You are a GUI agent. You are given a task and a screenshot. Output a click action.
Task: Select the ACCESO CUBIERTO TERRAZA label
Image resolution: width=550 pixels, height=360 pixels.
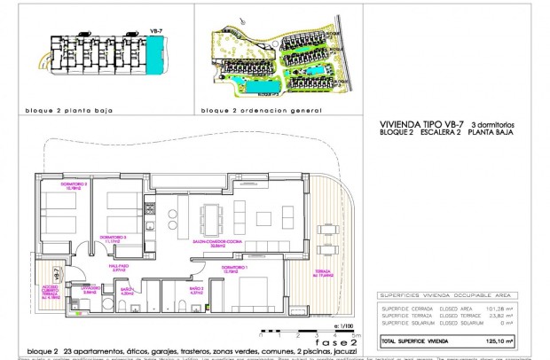click(51, 292)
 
